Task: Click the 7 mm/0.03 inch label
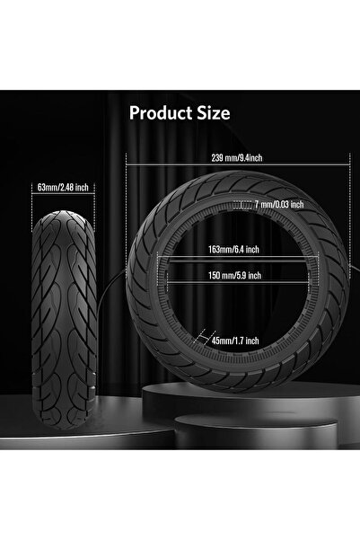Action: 278,204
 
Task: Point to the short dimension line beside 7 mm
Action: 249,204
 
